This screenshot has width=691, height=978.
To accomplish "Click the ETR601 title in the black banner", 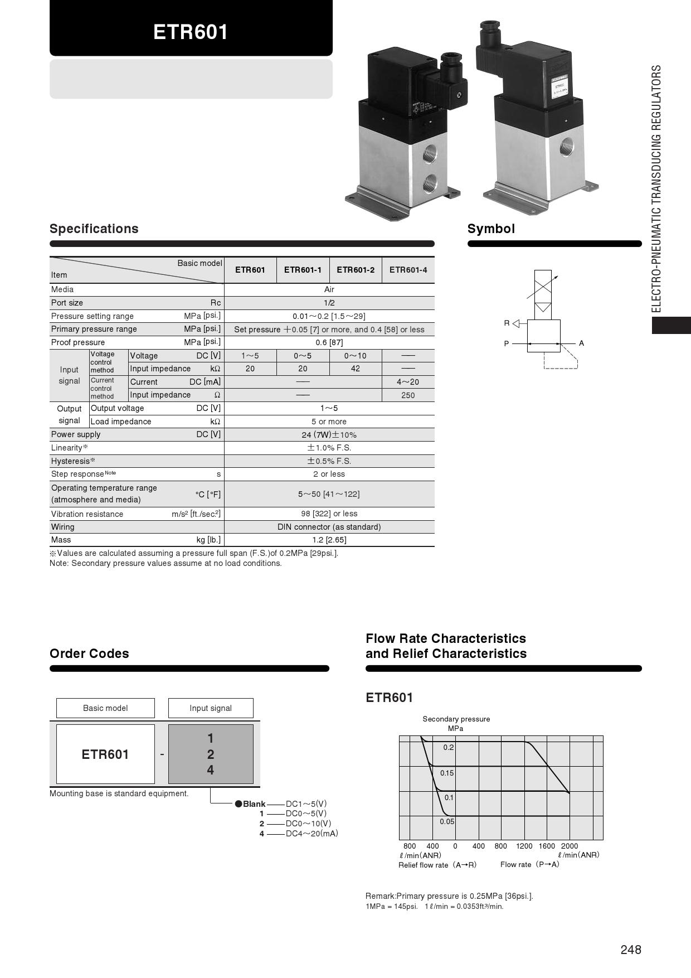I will click(x=191, y=32).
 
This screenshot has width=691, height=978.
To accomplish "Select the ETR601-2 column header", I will click(x=356, y=270).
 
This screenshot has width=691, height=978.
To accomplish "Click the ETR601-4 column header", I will click(x=408, y=270).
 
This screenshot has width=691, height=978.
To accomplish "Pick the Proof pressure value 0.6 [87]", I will click(x=329, y=342).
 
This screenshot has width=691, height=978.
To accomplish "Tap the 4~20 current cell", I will click(x=408, y=382).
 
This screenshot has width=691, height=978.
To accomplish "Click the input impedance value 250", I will click(x=408, y=395).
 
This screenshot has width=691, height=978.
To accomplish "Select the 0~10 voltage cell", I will click(x=356, y=356).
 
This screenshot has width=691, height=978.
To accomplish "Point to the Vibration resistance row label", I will click(x=87, y=514).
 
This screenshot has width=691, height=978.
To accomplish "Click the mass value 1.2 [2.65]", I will click(x=329, y=540).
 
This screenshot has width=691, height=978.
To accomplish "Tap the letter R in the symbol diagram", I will click(x=507, y=323).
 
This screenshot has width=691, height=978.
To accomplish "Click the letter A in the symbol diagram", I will click(x=581, y=343).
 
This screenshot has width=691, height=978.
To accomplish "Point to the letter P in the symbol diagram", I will click(x=507, y=343).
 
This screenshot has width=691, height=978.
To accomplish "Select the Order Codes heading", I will click(x=89, y=653).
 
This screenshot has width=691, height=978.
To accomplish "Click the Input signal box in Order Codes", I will click(x=211, y=708).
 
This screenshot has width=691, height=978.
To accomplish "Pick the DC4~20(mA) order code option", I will click(x=312, y=834).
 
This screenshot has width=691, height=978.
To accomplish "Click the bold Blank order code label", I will click(x=254, y=804).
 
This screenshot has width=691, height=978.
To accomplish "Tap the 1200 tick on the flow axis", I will click(x=524, y=846).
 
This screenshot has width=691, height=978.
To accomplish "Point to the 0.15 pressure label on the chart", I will click(x=447, y=773).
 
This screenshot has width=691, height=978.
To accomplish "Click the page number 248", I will click(x=631, y=950).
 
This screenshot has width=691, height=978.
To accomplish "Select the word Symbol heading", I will click(x=491, y=229).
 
